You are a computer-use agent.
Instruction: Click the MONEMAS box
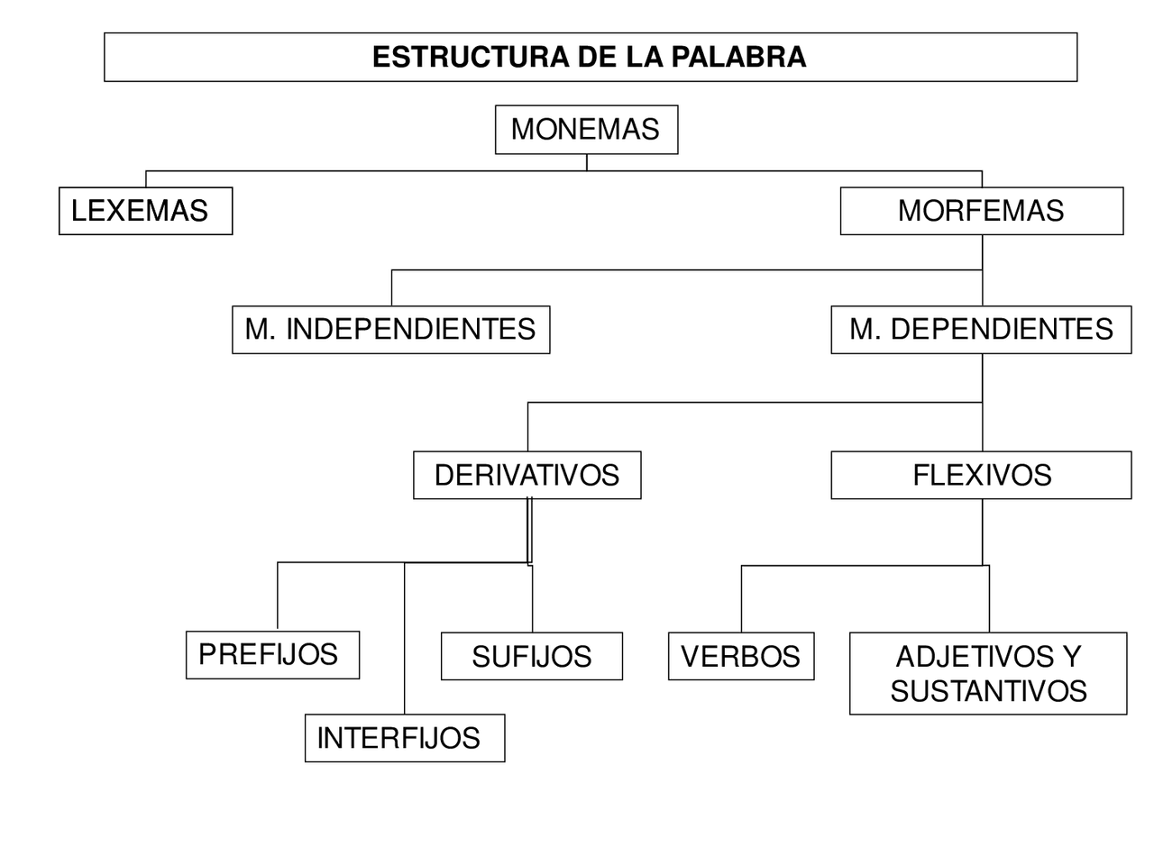click(x=586, y=130)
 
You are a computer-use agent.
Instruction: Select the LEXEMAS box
click(x=145, y=211)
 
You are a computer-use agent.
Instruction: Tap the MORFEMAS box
click(x=981, y=211)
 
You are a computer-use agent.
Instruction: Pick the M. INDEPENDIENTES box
click(x=390, y=329)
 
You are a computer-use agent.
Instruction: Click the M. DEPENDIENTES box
click(x=981, y=329)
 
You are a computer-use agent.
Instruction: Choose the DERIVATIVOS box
click(x=527, y=475)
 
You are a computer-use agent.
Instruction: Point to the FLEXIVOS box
click(x=981, y=475)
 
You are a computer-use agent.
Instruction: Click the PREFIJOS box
click(x=272, y=655)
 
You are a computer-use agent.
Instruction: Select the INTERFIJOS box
click(x=404, y=738)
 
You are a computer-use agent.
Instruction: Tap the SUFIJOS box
click(x=531, y=656)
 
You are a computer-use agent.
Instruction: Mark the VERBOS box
click(x=740, y=656)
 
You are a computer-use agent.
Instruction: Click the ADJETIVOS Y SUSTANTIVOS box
click(x=988, y=674)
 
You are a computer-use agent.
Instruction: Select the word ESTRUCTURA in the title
click(x=471, y=57)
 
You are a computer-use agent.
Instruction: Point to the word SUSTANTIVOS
click(x=988, y=691)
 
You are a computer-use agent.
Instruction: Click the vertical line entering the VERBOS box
click(x=741, y=599)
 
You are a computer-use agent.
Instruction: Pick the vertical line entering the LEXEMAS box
click(x=146, y=178)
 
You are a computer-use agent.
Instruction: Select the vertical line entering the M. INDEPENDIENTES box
click(x=391, y=288)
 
